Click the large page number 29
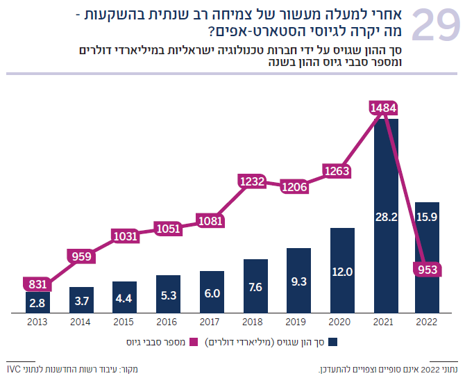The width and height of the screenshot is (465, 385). coord(435,27)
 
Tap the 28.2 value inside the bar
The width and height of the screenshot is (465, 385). coord(385,218)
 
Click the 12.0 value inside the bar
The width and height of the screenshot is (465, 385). coord(341,272)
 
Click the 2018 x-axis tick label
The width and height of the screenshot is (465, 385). coord(254,323)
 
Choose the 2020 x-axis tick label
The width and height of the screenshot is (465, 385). coord(341,323)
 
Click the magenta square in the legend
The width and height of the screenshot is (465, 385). coord(194,342)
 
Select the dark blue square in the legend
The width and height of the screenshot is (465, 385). coord(333,342)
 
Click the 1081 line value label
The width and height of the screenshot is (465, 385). coord(210,221)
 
